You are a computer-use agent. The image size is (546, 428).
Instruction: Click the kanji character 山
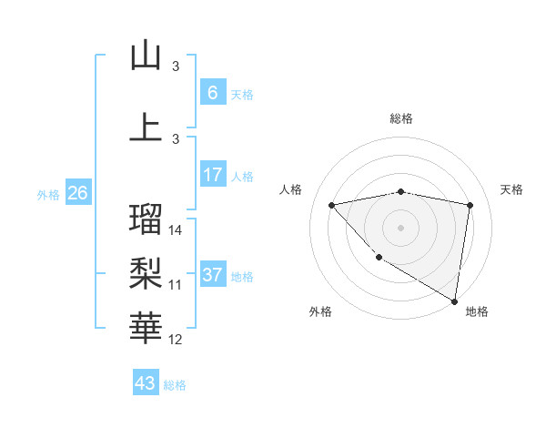point(146,56)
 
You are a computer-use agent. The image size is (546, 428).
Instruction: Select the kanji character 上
point(146,127)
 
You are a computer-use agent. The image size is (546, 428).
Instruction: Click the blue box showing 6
point(212,93)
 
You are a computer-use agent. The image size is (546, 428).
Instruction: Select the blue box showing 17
point(212,175)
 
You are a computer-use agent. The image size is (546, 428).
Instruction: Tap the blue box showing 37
point(212,275)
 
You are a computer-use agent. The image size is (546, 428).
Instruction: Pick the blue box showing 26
point(77,193)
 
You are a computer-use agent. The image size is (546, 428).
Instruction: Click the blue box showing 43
point(145,383)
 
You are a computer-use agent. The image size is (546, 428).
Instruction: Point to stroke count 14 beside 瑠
point(177,230)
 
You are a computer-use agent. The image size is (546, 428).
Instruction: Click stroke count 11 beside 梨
point(176,285)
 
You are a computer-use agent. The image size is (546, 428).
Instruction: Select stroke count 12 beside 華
point(177,340)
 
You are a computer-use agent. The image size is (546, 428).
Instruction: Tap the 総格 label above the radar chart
point(401,118)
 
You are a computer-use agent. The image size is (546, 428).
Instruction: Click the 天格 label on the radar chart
point(512,189)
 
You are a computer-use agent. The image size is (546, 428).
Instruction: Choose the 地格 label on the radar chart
point(477,312)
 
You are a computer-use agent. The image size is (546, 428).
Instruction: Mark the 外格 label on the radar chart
point(320,312)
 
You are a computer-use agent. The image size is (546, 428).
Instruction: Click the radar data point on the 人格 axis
point(332,205)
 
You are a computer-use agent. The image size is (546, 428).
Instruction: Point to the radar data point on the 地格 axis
point(454,301)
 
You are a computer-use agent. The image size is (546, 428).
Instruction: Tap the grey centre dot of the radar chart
point(400,227)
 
